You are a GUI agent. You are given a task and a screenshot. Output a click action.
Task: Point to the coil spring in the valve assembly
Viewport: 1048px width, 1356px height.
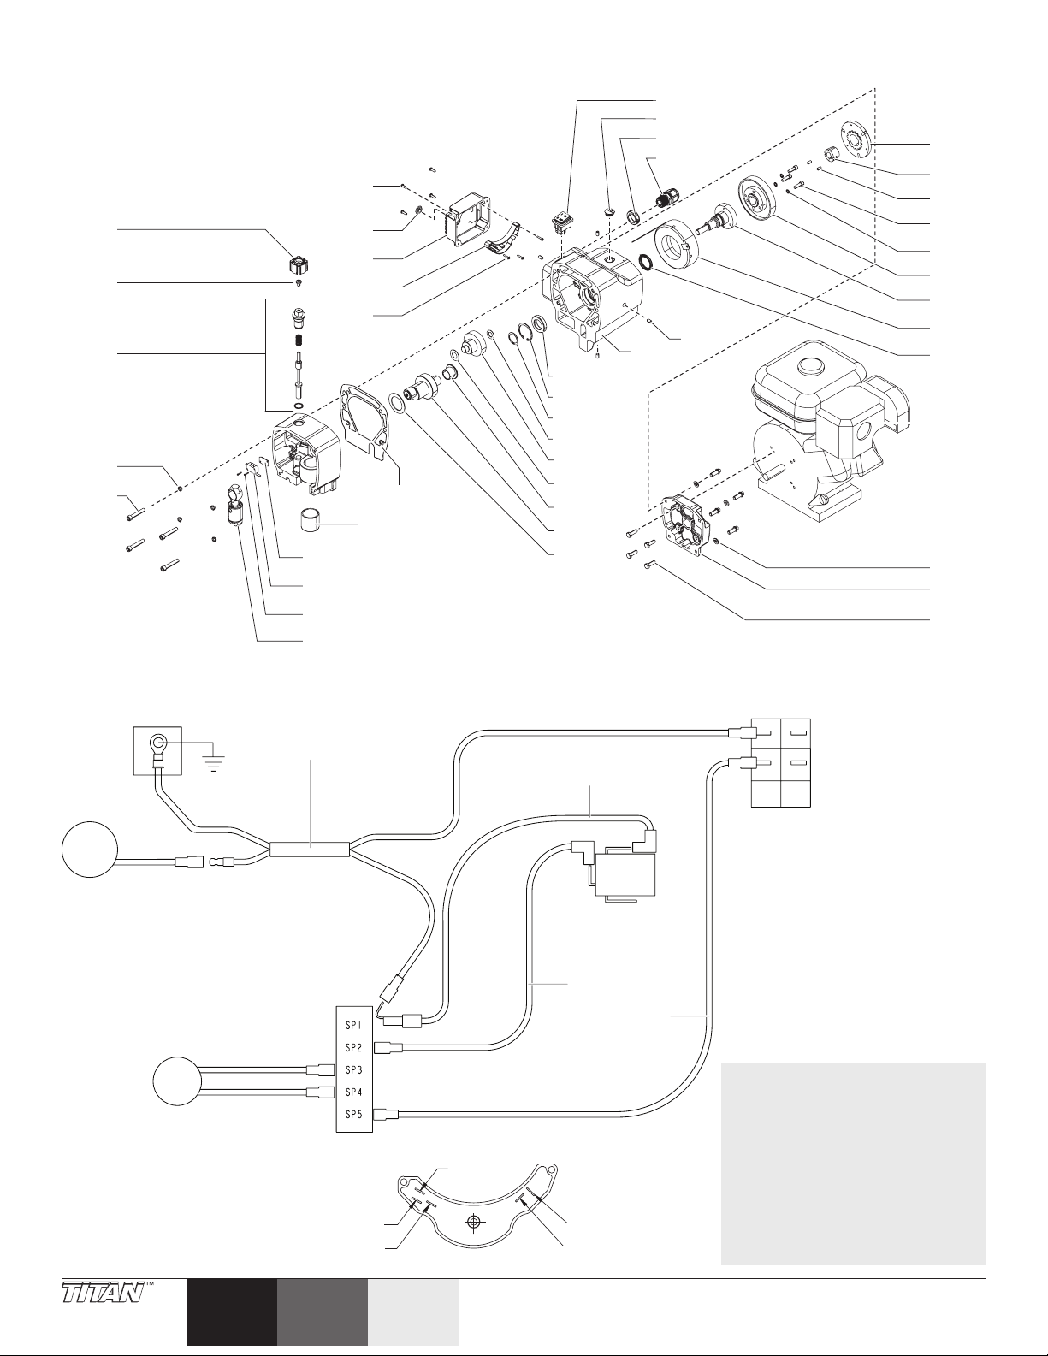(299, 342)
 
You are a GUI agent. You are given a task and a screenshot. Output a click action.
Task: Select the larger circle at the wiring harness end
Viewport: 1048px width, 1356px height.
(90, 850)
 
